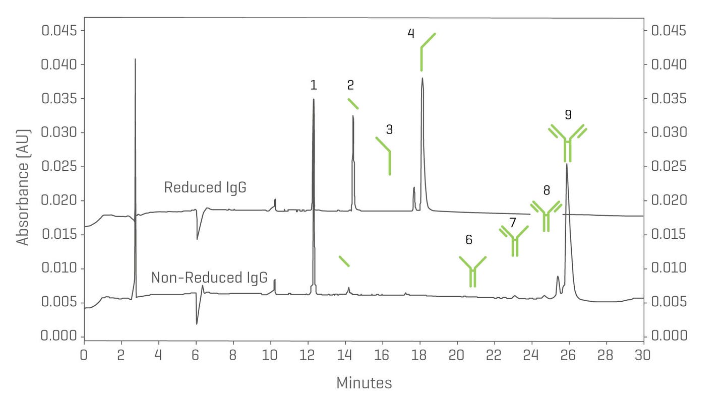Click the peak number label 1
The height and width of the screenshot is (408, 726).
click(314, 85)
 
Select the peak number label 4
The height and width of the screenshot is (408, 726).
click(411, 34)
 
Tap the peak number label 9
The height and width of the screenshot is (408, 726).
click(568, 115)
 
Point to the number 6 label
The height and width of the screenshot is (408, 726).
click(469, 240)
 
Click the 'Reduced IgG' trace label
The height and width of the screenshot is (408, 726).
click(205, 187)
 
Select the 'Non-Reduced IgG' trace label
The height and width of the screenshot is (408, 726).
click(209, 278)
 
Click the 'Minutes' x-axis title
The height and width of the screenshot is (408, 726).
click(364, 383)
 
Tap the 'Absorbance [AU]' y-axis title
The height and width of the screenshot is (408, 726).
click(23, 187)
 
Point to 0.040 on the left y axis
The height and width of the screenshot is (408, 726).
click(57, 65)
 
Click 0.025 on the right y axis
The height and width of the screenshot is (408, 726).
click(669, 167)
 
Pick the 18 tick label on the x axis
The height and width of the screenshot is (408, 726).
click(419, 355)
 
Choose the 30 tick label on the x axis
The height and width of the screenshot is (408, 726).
click(643, 355)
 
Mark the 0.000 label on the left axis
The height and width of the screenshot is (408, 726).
click(57, 336)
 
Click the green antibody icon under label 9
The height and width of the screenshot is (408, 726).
click(568, 143)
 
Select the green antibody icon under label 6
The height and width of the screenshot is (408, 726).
click(472, 271)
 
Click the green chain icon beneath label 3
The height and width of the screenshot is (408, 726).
click(385, 154)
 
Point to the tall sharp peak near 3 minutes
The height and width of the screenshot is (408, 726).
click(135, 60)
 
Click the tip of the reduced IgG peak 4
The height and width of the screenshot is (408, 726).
click(422, 78)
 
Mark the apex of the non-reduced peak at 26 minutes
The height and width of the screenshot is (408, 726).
click(567, 164)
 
